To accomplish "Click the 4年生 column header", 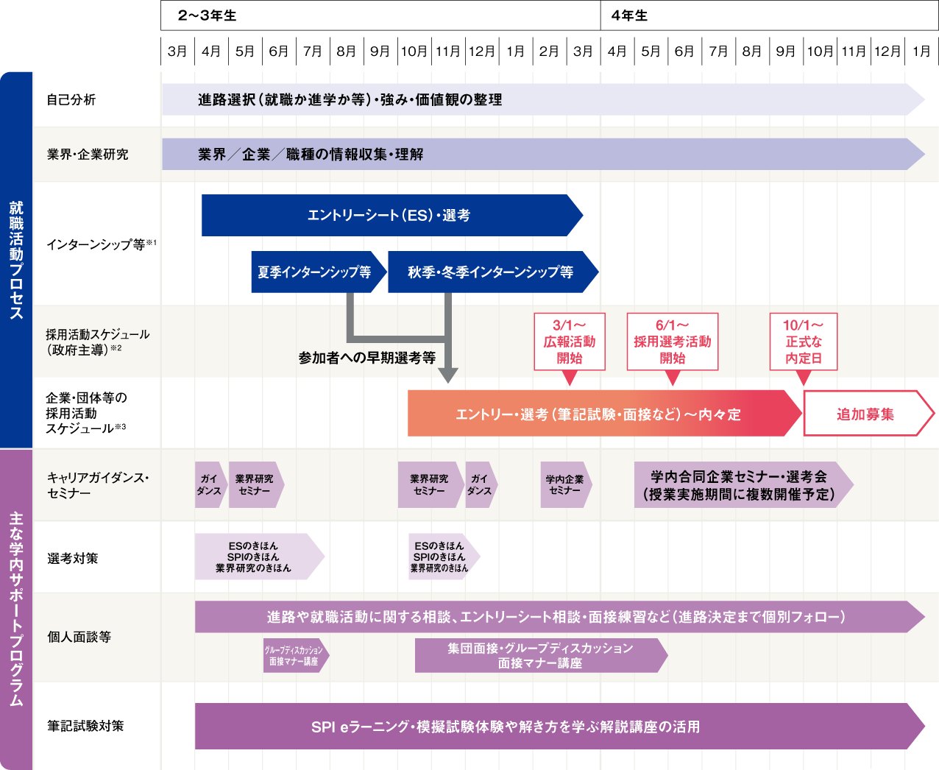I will pyautogui.click(x=630, y=15).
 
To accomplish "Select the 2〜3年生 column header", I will pyautogui.click(x=208, y=15).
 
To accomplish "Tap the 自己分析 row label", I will pyautogui.click(x=71, y=99).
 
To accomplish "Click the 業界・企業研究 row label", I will pyautogui.click(x=88, y=154).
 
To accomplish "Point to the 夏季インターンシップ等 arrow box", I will pyautogui.click(x=315, y=272).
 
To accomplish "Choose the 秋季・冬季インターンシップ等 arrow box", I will pyautogui.click(x=491, y=272).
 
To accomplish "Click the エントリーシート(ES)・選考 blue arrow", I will pyautogui.click(x=389, y=215).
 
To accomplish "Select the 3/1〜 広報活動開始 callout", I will pyautogui.click(x=570, y=342).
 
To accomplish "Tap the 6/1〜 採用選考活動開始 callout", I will pyautogui.click(x=672, y=342).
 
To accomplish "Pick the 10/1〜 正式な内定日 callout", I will pyautogui.click(x=804, y=342).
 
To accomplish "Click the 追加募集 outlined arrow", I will pyautogui.click(x=865, y=414).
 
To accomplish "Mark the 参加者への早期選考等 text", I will pyautogui.click(x=366, y=358).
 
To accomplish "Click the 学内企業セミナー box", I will pyautogui.click(x=564, y=484).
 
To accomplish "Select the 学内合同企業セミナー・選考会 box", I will pyautogui.click(x=740, y=485).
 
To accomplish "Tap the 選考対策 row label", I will pyautogui.click(x=73, y=558).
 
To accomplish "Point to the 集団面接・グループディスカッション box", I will pyautogui.click(x=539, y=655).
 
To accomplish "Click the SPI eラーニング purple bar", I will pyautogui.click(x=505, y=727).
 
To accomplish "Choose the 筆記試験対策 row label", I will pyautogui.click(x=85, y=726).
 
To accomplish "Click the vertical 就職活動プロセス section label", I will pyautogui.click(x=16, y=259).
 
